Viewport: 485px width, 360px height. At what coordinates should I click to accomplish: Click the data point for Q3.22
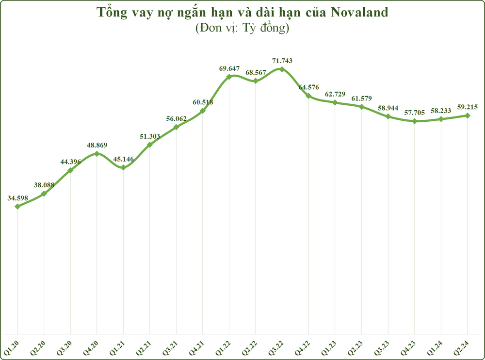282,69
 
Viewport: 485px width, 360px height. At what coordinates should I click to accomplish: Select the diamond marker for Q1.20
17,206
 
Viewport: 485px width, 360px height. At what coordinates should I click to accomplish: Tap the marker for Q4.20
97,153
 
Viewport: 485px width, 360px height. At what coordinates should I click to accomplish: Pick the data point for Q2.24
468,115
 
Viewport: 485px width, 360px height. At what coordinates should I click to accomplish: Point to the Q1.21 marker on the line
123,167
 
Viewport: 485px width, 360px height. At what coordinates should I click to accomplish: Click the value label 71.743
282,61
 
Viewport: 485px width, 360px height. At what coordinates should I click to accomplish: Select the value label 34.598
17,198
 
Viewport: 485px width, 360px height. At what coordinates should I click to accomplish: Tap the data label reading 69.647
229,68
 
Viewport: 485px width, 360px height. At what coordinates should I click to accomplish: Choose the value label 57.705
415,113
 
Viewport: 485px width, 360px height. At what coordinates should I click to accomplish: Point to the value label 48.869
97,145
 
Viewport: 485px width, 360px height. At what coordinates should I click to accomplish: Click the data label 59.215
468,107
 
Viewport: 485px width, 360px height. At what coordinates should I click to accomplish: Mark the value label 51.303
150,136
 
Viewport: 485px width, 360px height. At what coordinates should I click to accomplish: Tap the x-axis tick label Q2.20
38,347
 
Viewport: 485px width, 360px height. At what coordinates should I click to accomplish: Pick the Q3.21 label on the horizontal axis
170,347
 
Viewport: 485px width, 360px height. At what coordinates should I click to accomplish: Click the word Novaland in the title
359,13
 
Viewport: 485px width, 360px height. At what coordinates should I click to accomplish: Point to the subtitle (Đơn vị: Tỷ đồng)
242,28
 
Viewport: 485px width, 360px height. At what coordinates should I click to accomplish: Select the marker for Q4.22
308,96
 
